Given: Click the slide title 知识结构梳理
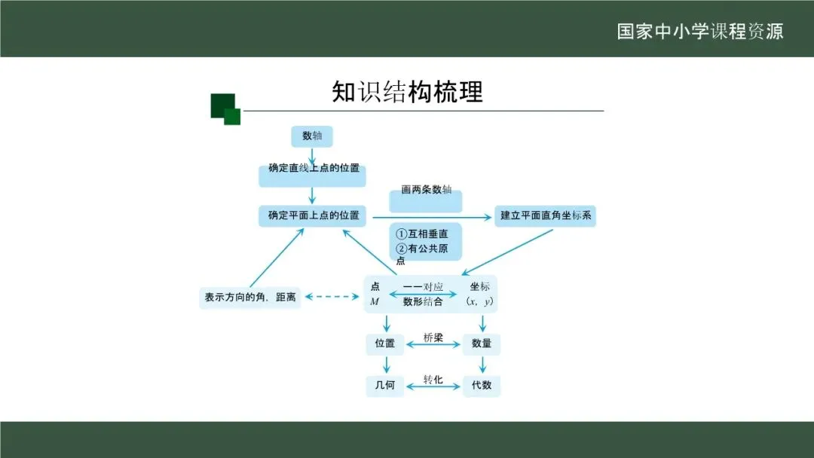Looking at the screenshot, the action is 407,92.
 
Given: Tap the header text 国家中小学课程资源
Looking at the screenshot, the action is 700,32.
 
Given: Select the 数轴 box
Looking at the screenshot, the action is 312,136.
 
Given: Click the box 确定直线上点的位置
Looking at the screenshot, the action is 312,172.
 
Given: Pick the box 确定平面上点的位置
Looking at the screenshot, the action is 312,215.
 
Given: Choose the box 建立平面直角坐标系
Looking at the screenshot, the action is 546,216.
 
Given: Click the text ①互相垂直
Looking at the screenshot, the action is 423,234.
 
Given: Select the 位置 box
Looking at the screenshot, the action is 385,343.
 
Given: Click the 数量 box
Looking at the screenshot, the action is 482,343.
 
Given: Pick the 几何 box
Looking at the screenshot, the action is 385,385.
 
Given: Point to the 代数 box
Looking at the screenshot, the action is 482,385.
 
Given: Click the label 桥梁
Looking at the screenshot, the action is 433,337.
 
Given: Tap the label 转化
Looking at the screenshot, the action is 433,379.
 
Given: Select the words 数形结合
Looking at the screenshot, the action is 423,302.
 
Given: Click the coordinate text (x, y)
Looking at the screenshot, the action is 479,302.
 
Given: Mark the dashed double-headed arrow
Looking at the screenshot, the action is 332,297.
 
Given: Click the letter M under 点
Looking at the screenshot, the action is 375,302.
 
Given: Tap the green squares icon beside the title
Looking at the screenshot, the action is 225,108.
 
